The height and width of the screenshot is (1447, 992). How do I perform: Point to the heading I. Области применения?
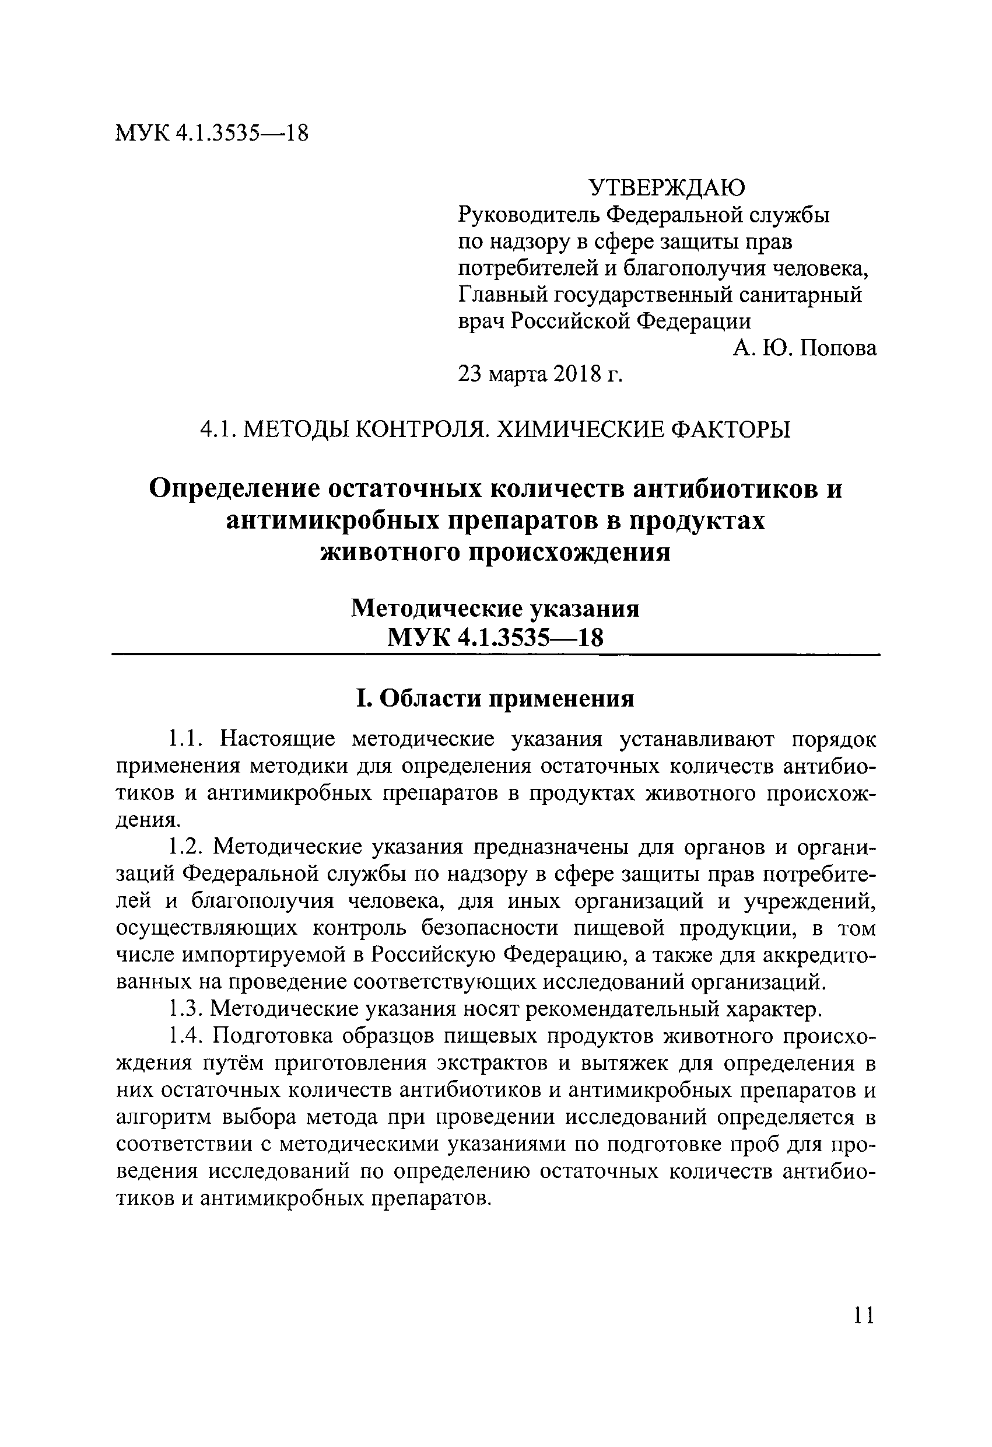click(495, 698)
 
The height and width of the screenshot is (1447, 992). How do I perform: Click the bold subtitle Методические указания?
click(495, 609)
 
